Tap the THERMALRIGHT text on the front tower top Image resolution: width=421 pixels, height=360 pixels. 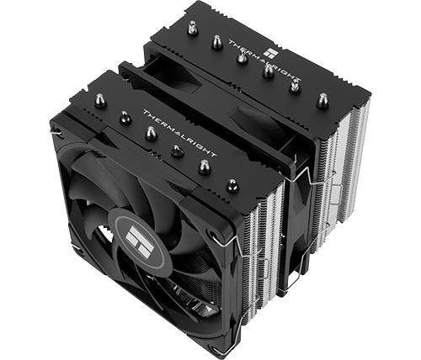tap(180, 133)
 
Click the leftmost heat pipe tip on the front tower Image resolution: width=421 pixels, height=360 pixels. tap(99, 99)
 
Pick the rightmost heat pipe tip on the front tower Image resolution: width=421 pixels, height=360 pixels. tap(232, 185)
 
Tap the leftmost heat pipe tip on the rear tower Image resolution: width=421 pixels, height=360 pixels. tap(192, 26)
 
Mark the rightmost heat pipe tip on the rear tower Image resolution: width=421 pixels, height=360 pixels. tap(322, 100)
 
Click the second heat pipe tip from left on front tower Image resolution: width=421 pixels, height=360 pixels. tap(125, 117)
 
